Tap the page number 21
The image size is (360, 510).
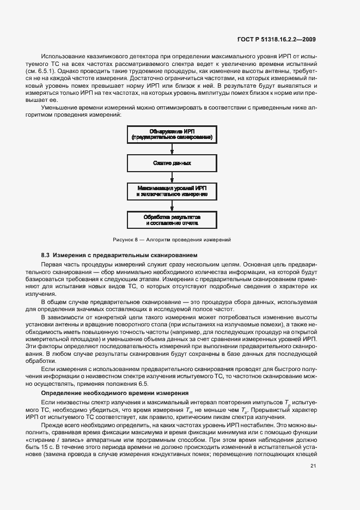[x=313, y=465]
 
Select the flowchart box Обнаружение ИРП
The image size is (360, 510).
[x=172, y=134]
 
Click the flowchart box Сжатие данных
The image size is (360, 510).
[x=172, y=163]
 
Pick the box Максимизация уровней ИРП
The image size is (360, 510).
[x=172, y=191]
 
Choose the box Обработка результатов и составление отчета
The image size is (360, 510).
[x=172, y=220]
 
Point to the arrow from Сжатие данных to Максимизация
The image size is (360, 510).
[x=172, y=177]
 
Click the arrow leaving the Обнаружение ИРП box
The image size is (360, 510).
[x=172, y=149]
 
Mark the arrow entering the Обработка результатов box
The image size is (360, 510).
[x=172, y=206]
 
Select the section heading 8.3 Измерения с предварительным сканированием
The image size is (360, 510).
[x=119, y=255]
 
